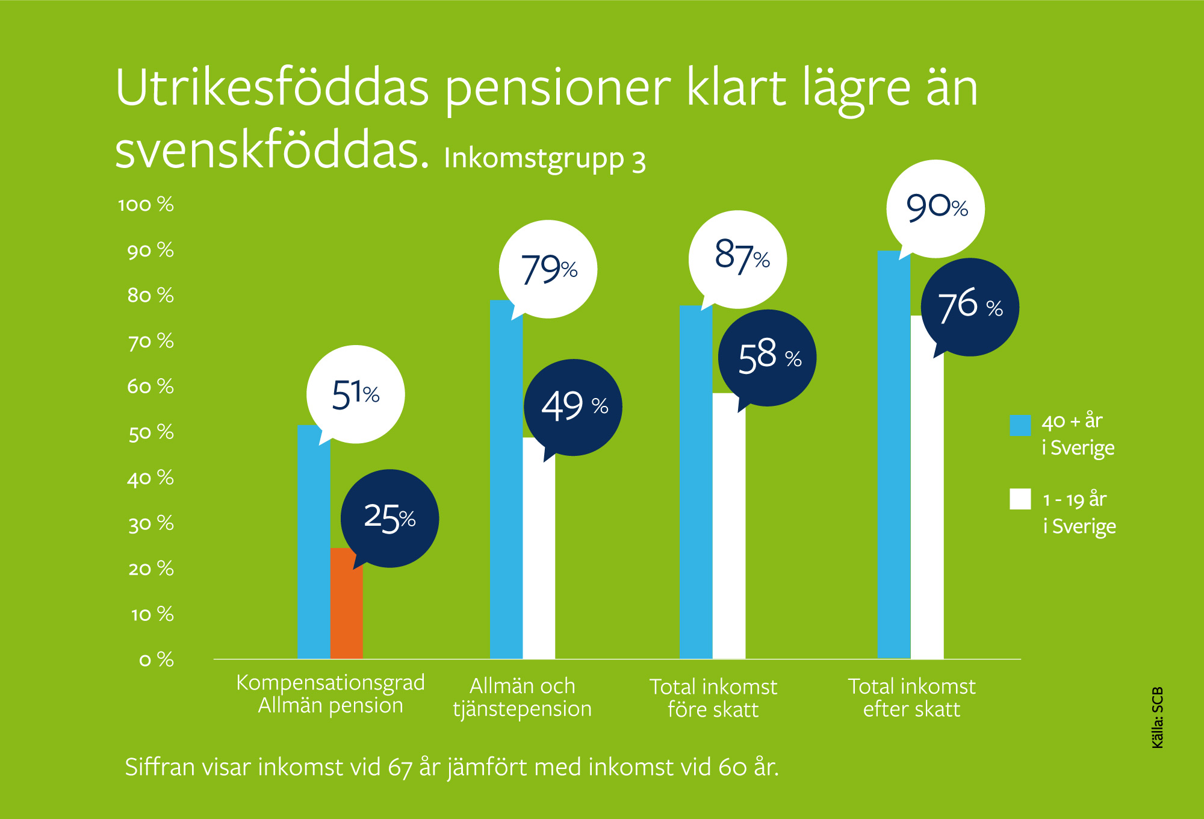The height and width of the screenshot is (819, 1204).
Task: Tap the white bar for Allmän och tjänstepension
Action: click(539, 554)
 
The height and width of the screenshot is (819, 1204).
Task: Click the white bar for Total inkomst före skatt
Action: click(729, 530)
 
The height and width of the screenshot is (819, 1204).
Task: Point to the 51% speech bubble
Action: click(356, 394)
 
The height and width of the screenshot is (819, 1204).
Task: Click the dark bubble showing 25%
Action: click(390, 518)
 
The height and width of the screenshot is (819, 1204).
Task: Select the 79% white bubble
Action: click(548, 269)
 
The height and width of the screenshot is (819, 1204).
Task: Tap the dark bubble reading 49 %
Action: click(573, 406)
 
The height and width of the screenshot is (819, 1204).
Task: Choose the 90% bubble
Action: click(936, 208)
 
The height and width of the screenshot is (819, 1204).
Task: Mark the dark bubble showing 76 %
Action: click(970, 307)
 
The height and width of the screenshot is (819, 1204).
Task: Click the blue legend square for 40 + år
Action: click(1020, 425)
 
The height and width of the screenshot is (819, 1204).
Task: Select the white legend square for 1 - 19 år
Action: click(1020, 499)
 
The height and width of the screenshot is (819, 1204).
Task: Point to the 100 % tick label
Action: click(146, 205)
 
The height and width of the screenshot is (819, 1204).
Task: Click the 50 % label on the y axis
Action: click(150, 432)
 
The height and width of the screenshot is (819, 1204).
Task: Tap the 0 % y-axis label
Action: click(156, 659)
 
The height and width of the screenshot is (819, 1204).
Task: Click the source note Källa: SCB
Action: click(1157, 718)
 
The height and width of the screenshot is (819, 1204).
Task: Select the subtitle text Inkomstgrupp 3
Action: click(545, 159)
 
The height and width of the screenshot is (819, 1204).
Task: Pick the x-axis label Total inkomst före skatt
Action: click(713, 698)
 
